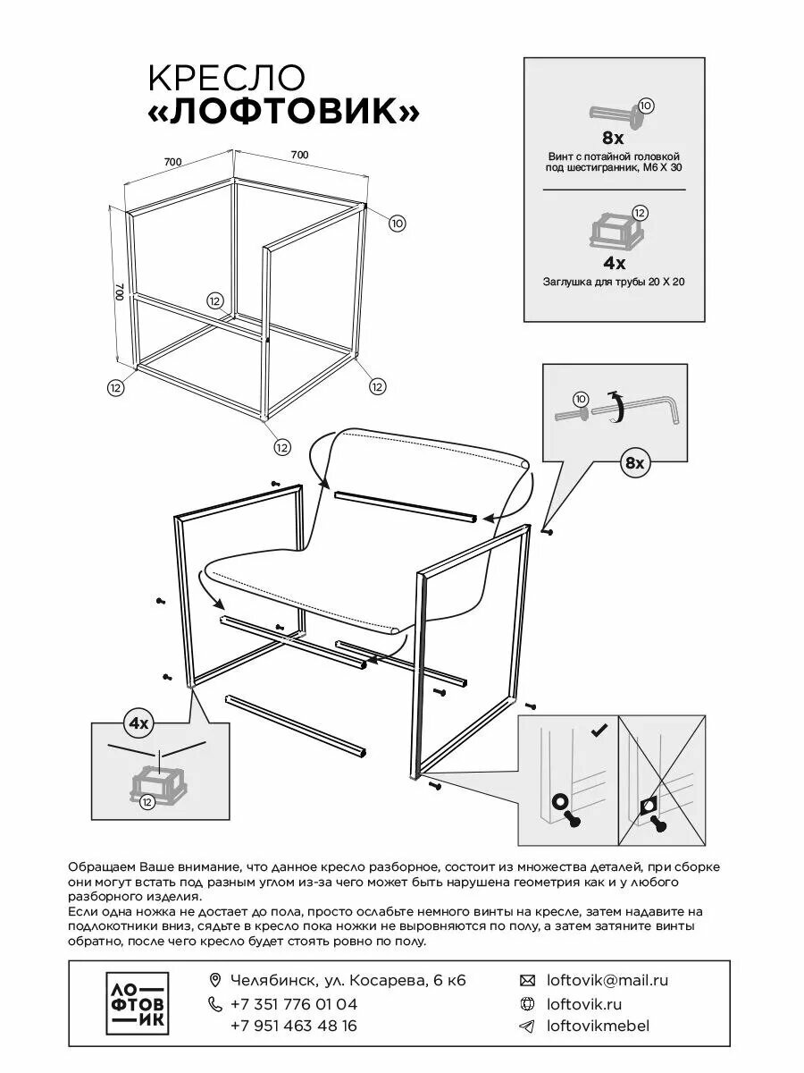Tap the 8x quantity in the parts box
click(x=613, y=138)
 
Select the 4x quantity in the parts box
click(x=614, y=263)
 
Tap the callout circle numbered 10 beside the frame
click(x=398, y=223)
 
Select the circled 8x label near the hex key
click(x=634, y=462)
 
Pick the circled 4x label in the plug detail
click(x=139, y=722)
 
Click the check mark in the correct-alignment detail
click(x=600, y=731)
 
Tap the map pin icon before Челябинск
click(x=214, y=980)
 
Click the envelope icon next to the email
click(x=527, y=980)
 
